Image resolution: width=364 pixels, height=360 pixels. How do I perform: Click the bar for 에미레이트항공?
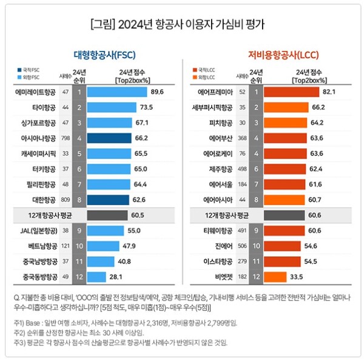[x=116, y=92]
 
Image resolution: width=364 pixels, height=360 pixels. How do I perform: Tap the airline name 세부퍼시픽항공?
[x=211, y=107]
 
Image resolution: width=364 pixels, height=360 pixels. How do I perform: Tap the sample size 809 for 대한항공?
[x=64, y=198]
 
